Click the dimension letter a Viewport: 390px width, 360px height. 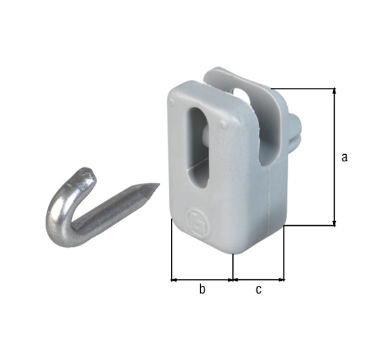[x=345, y=157]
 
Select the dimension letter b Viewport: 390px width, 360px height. [x=202, y=289]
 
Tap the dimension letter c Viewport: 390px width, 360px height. [x=258, y=289]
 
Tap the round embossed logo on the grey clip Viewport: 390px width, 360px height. [x=195, y=219]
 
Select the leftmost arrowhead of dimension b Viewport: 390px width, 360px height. [x=173, y=278]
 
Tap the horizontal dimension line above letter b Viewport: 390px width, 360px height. [x=202, y=278]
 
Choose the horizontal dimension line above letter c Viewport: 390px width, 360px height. [x=258, y=278]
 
